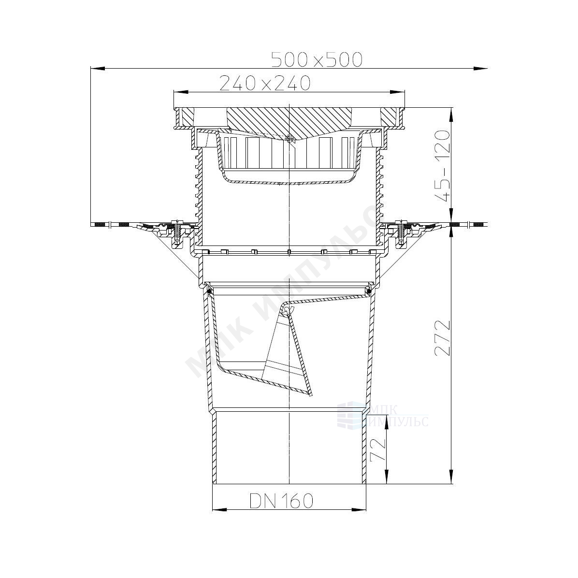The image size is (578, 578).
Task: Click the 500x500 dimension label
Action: [x=317, y=60]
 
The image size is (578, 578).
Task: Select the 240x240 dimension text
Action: [x=265, y=83]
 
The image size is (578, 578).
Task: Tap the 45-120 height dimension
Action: [x=442, y=165]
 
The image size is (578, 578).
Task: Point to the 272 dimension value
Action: [x=442, y=338]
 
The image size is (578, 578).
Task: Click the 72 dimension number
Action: [x=377, y=450]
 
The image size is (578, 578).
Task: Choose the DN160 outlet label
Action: [x=281, y=501]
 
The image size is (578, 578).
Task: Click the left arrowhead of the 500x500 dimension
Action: [x=98, y=68]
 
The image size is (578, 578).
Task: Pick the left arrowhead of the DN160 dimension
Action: [x=220, y=510]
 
